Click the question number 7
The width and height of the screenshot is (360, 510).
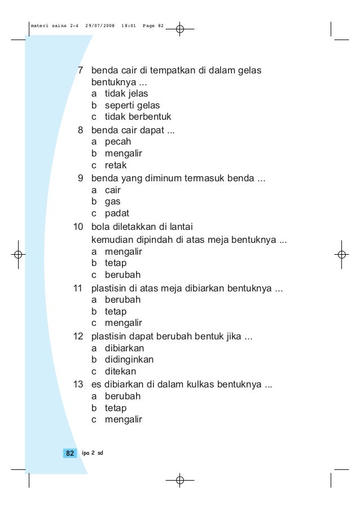pos(80,71)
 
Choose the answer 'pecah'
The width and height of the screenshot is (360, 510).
pos(117,142)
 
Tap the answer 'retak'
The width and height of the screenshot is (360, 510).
pos(116,165)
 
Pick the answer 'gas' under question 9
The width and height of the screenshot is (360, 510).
pos(112,202)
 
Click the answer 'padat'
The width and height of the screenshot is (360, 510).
pos(117,213)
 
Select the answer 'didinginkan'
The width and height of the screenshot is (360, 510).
pos(129,360)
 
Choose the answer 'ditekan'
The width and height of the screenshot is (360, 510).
pos(120,372)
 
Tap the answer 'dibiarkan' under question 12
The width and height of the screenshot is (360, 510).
pos(124,348)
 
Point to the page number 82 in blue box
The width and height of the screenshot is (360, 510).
pos(69,454)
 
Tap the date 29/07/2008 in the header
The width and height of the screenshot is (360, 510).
pos(99,26)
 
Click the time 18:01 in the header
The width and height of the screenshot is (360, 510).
pos(128,26)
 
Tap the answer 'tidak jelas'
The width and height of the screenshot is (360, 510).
pos(126,93)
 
